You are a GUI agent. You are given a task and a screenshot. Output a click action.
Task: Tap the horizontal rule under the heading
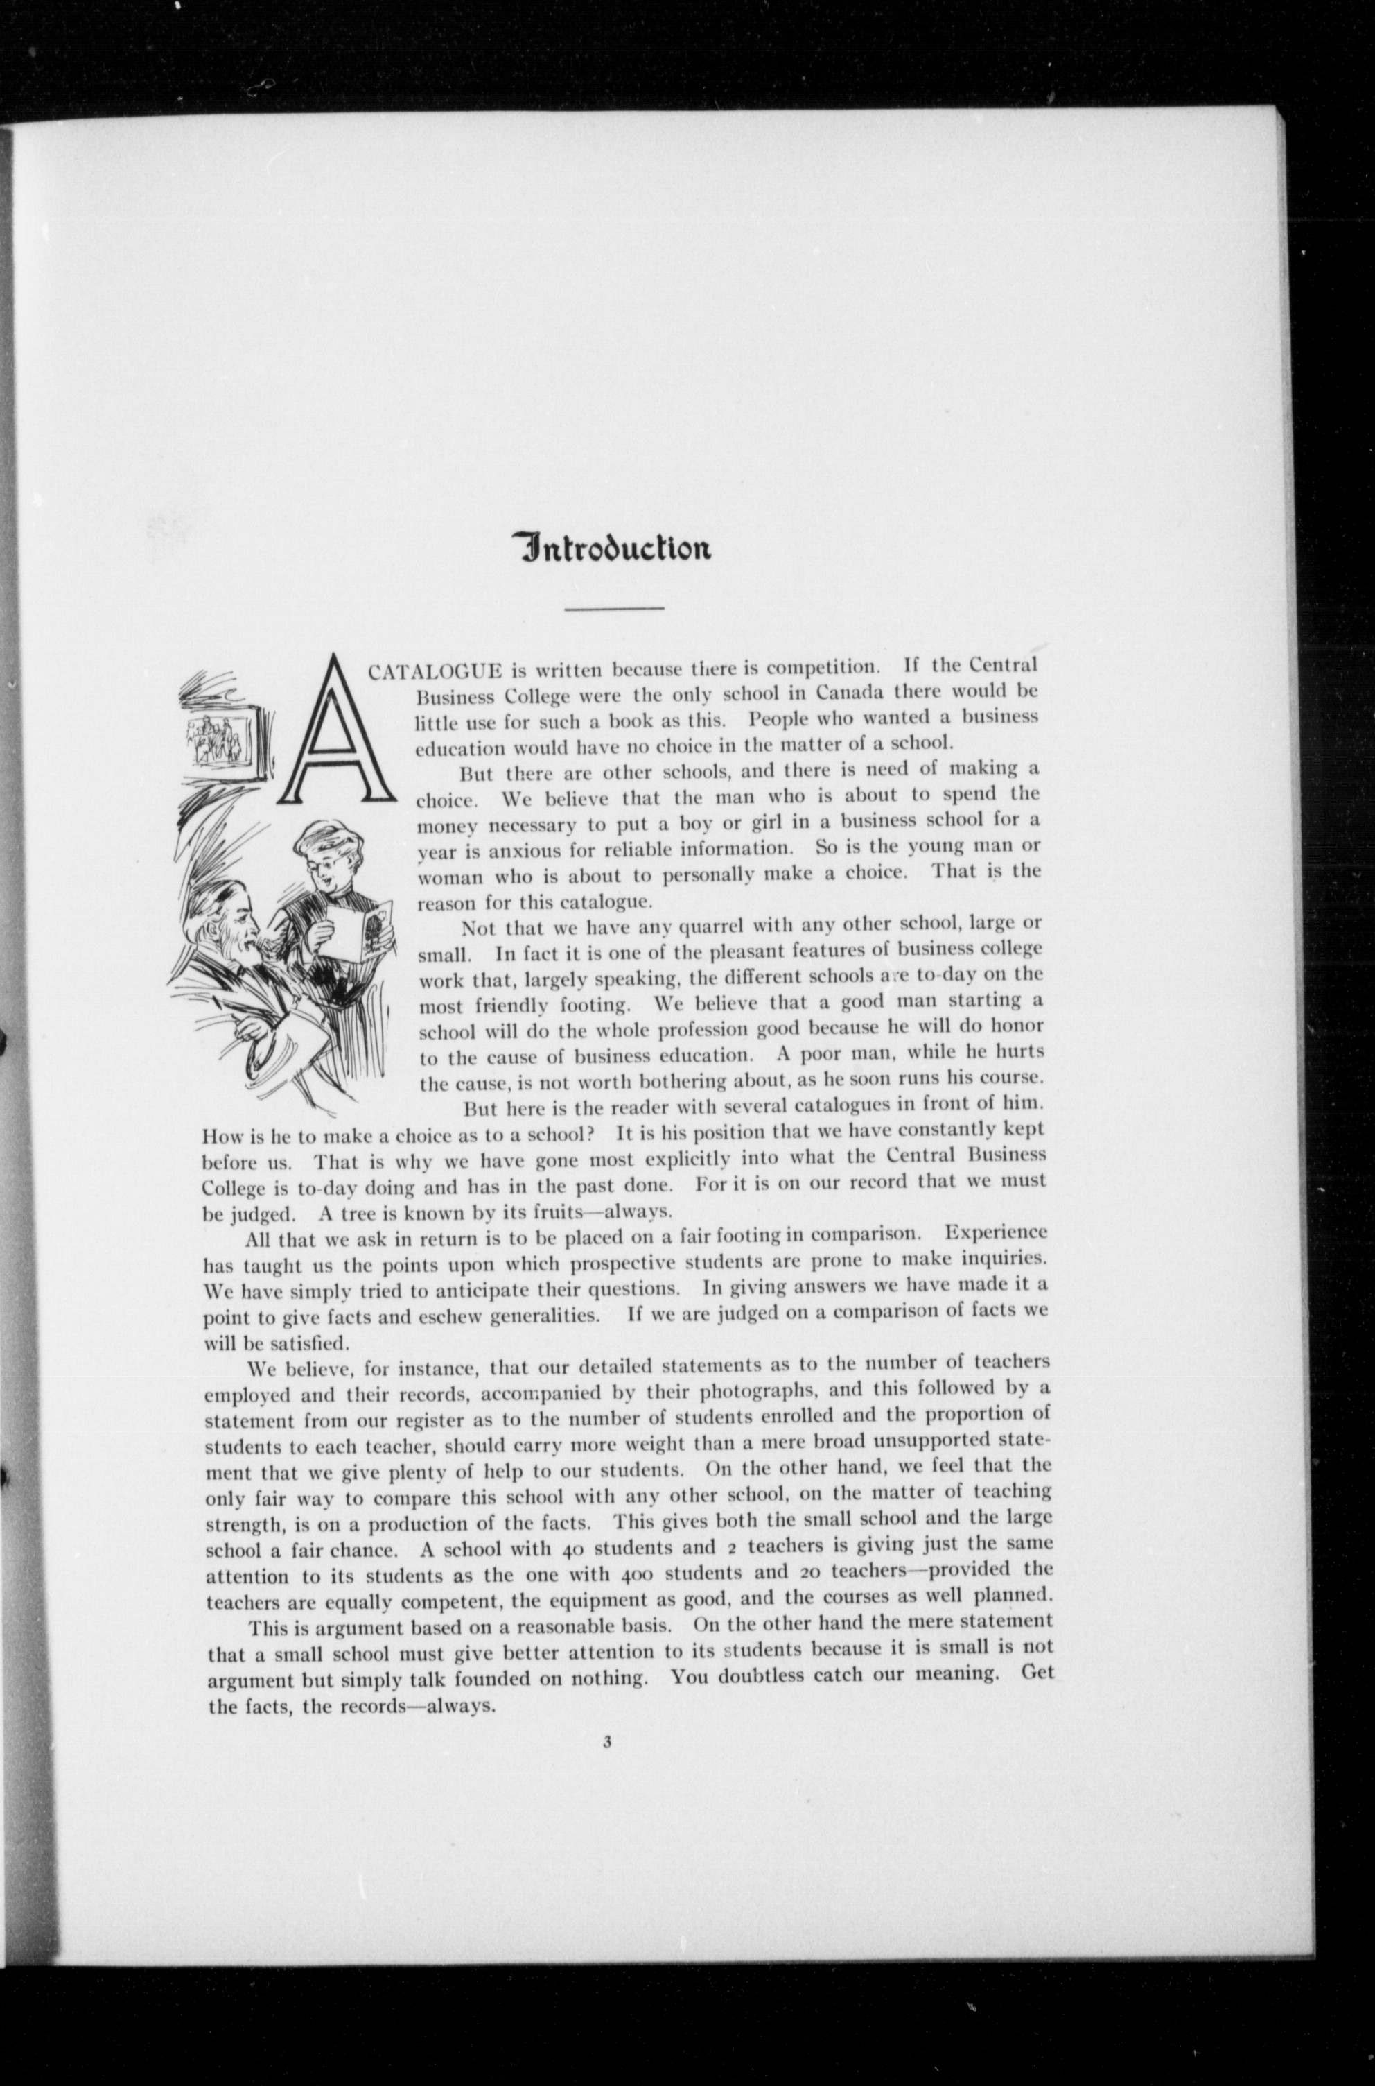point(614,608)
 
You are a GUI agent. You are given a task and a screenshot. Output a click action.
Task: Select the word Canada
point(849,691)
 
